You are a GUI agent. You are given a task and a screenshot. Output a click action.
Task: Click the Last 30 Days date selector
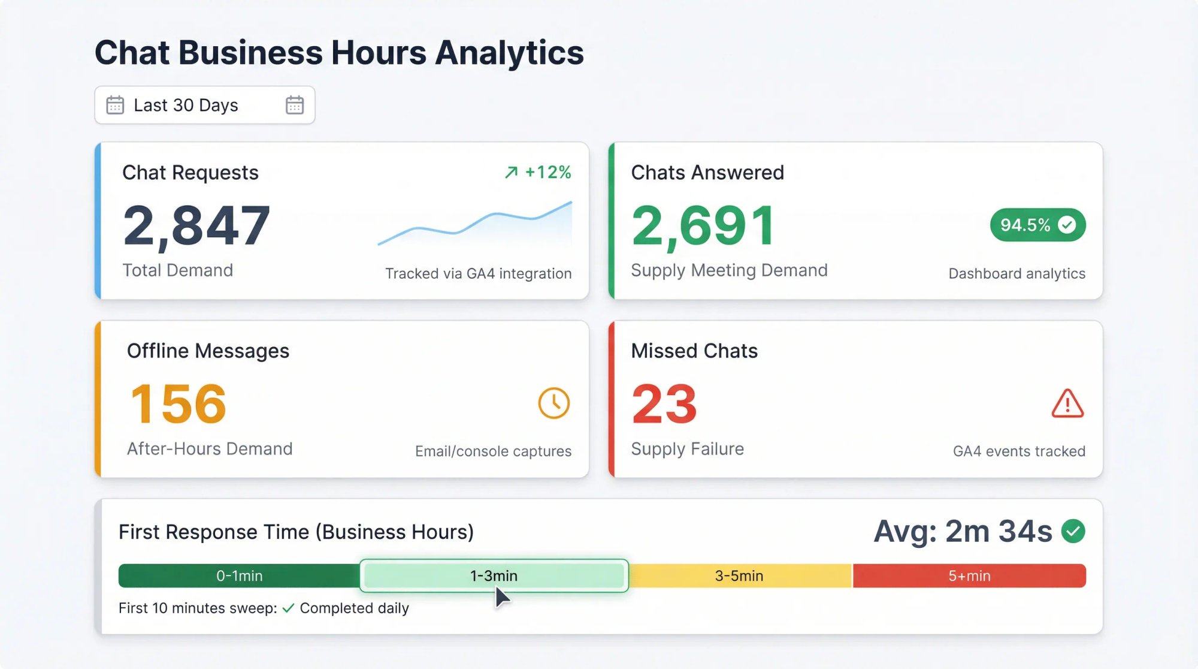(x=186, y=106)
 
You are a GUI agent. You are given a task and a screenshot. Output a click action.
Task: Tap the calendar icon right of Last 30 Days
(x=294, y=106)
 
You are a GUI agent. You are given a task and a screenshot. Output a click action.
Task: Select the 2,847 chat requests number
(x=196, y=226)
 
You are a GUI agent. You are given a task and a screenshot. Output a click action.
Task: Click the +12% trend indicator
(x=538, y=173)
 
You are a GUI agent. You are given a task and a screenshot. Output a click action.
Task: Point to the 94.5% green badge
(x=1037, y=225)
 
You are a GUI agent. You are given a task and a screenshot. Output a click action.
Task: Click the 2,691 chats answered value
(x=703, y=226)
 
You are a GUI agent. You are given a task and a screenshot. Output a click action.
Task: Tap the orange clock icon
(x=553, y=403)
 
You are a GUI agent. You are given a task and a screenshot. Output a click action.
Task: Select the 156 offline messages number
(x=178, y=404)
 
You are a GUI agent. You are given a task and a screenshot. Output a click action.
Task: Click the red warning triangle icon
(x=1067, y=403)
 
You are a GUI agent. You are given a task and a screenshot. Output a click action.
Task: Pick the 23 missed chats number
(x=664, y=404)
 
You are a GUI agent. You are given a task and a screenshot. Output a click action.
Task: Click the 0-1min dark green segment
(x=239, y=575)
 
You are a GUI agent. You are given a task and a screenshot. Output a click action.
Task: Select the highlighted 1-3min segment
(x=494, y=575)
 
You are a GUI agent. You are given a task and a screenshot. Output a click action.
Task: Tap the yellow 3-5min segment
(x=739, y=575)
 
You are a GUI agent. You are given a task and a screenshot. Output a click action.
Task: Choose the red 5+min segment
(x=969, y=575)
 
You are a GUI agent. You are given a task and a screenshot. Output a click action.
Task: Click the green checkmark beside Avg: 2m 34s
(x=1073, y=531)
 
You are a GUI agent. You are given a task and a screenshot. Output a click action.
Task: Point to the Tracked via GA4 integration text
(x=478, y=273)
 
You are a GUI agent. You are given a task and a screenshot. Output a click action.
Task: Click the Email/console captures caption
(x=493, y=451)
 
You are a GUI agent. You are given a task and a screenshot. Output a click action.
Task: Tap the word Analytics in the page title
(x=509, y=53)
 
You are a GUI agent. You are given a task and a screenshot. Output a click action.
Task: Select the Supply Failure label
(x=687, y=448)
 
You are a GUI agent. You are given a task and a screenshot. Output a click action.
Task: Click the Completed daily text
(x=354, y=608)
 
